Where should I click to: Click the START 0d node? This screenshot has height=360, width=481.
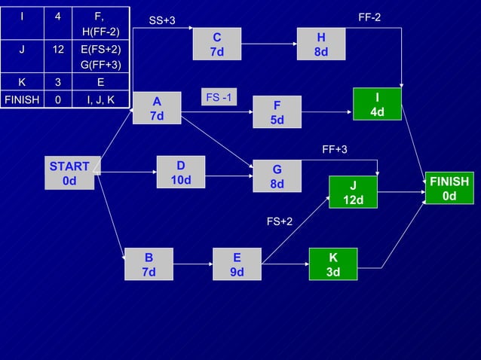point(69,173)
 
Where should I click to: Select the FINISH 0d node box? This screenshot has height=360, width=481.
point(449,188)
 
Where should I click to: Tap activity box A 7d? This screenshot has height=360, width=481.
point(157,108)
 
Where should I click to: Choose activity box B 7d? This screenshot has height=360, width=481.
point(149,264)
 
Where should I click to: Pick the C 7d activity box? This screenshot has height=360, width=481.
point(216,44)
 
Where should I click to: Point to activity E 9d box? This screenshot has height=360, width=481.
point(237,264)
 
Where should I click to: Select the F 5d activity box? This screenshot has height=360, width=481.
point(277,112)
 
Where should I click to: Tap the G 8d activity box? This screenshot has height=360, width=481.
point(277,177)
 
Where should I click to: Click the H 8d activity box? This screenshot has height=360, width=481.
point(321,44)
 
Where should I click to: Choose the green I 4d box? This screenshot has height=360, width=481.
point(377,104)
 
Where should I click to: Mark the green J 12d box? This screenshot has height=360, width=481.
point(353,193)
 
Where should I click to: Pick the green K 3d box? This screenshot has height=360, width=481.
point(332,264)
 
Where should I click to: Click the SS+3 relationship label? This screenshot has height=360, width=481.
point(162,20)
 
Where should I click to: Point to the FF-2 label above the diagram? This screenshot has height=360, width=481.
point(369,16)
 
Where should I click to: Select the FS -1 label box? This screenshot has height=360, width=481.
point(219,98)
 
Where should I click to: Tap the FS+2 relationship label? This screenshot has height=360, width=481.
point(280,221)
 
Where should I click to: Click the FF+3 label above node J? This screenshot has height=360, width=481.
point(335,149)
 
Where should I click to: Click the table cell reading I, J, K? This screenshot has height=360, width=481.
point(100,98)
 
